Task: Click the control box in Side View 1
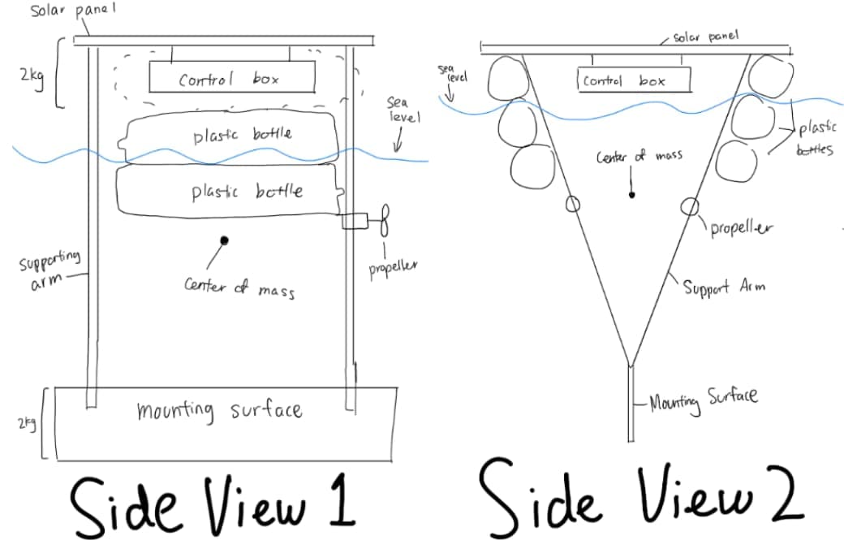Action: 232,78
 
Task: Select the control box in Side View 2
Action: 633,80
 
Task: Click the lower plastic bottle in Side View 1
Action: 230,192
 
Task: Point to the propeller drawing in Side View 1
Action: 385,220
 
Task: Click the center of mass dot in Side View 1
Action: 225,240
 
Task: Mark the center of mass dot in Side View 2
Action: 632,195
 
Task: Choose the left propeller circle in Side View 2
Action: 572,204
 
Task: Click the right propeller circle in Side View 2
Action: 690,206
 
